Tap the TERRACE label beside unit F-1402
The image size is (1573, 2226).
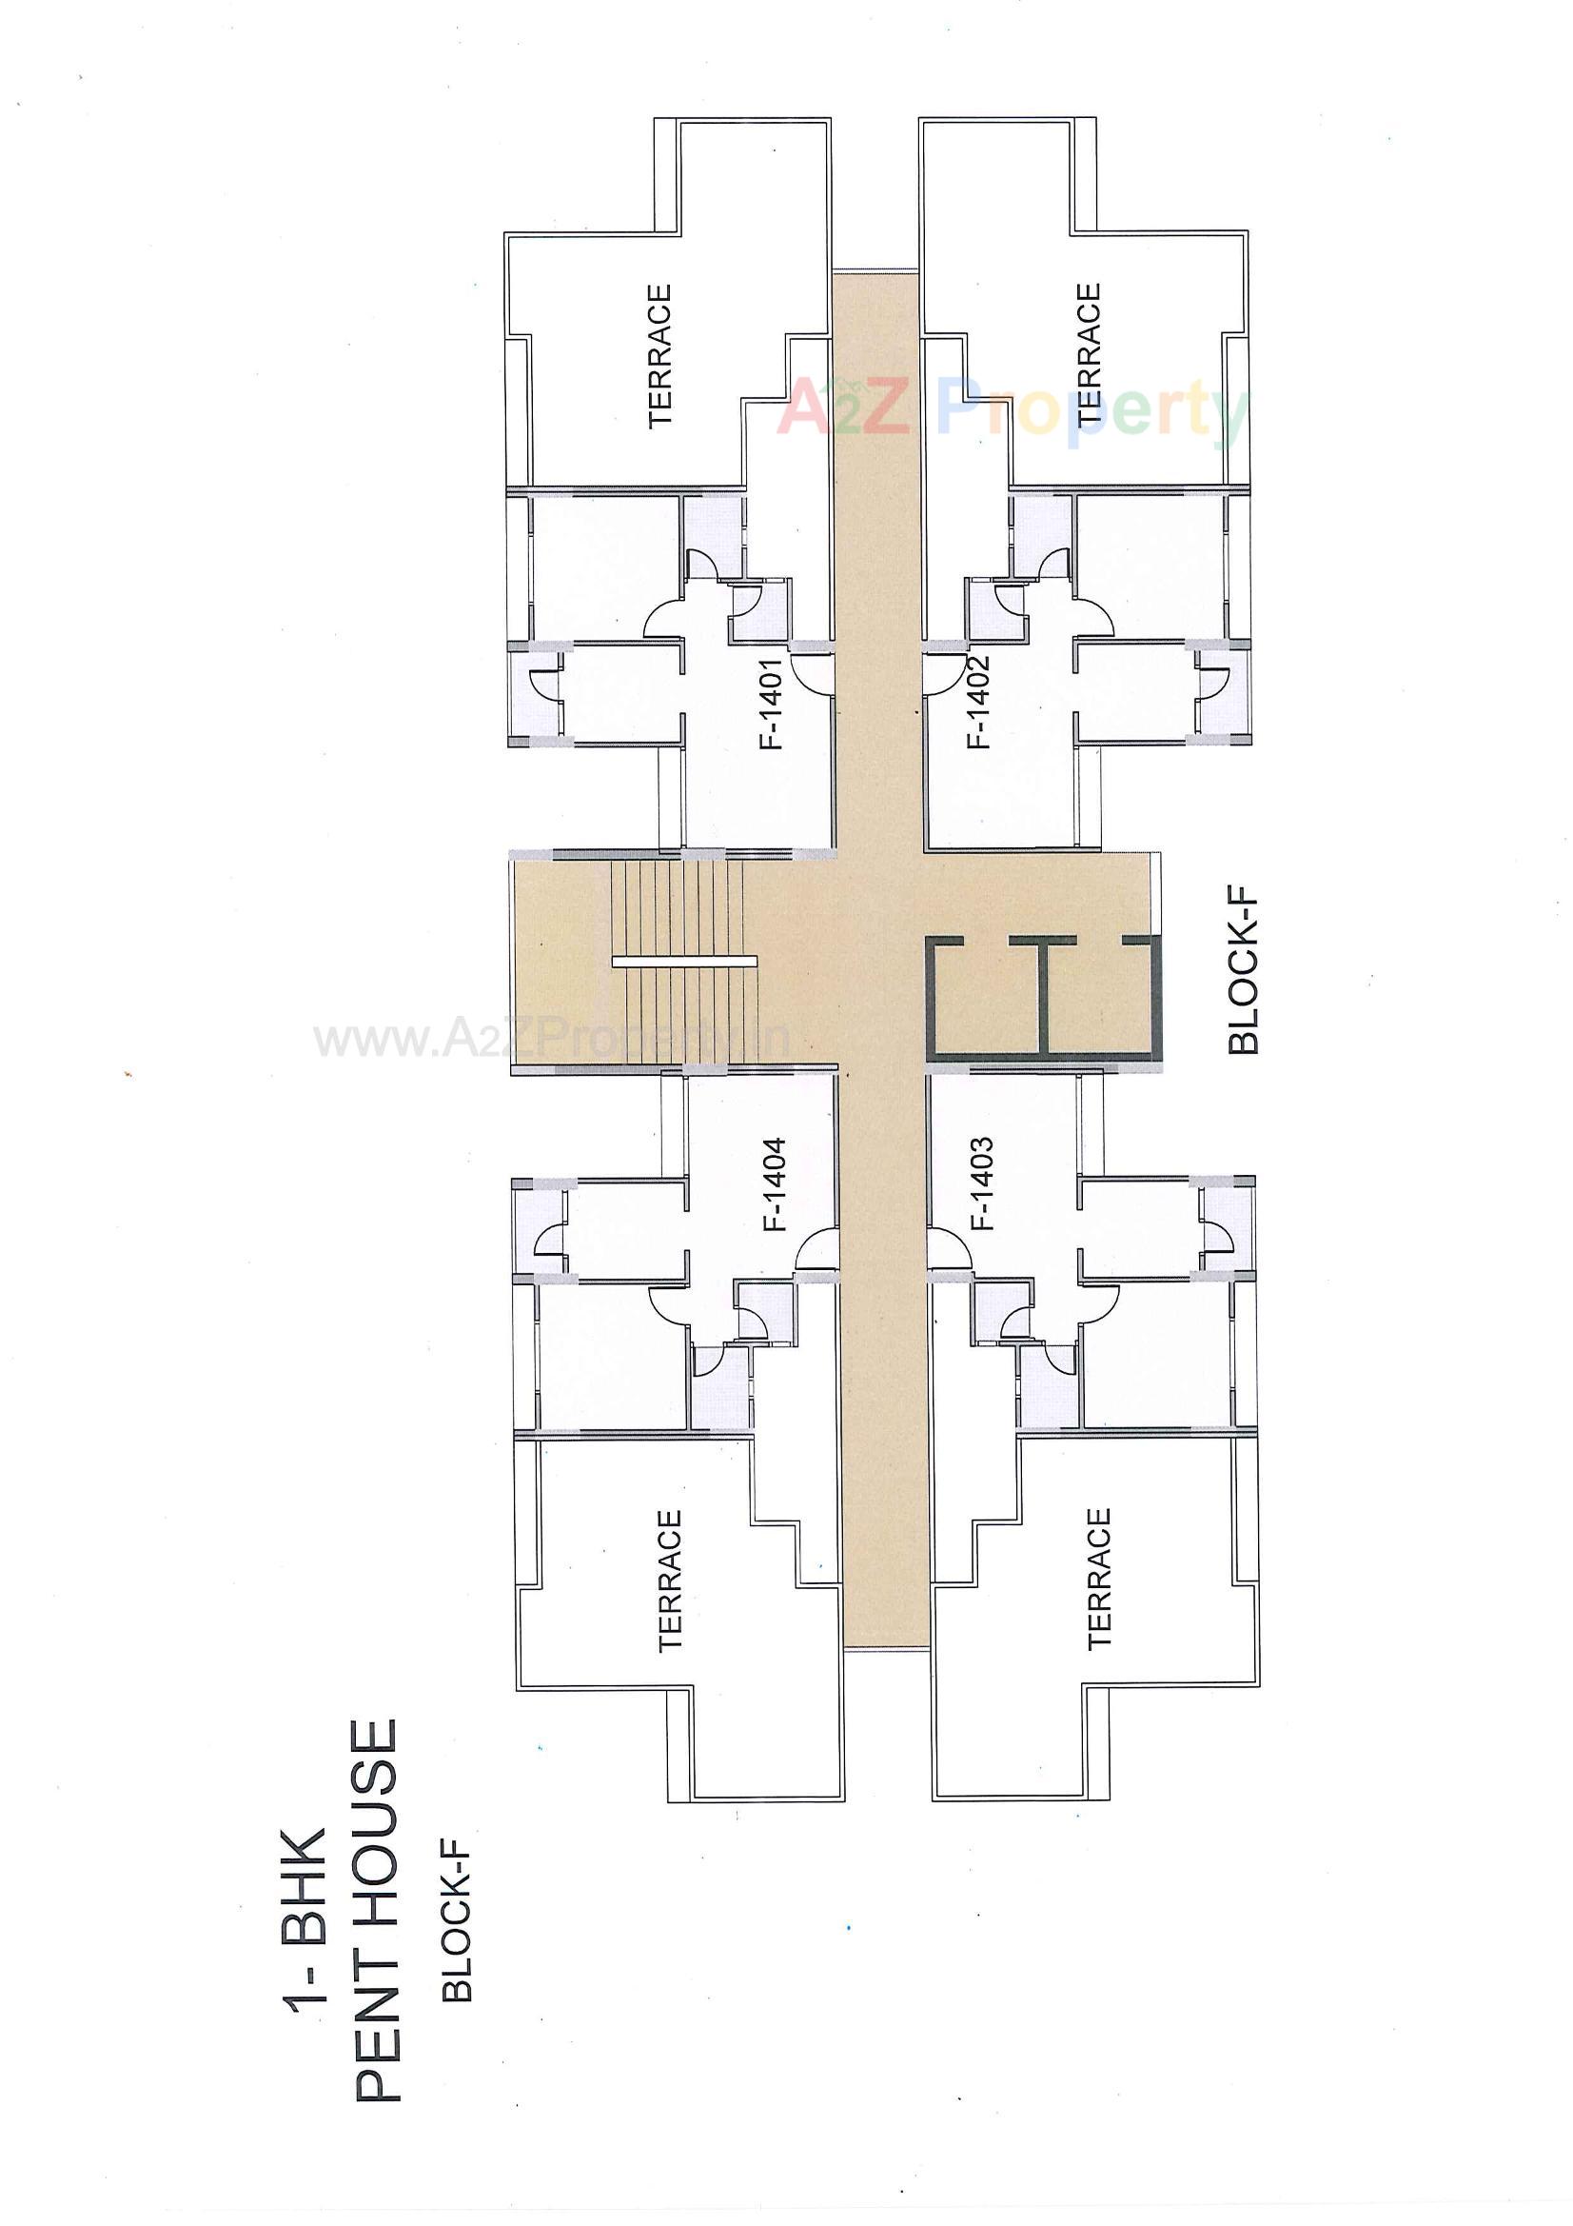1089,353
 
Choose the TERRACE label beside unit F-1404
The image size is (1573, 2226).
670,1580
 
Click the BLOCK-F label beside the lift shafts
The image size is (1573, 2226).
1243,973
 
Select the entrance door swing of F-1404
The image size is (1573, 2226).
816,1249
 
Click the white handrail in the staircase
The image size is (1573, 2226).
683,961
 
